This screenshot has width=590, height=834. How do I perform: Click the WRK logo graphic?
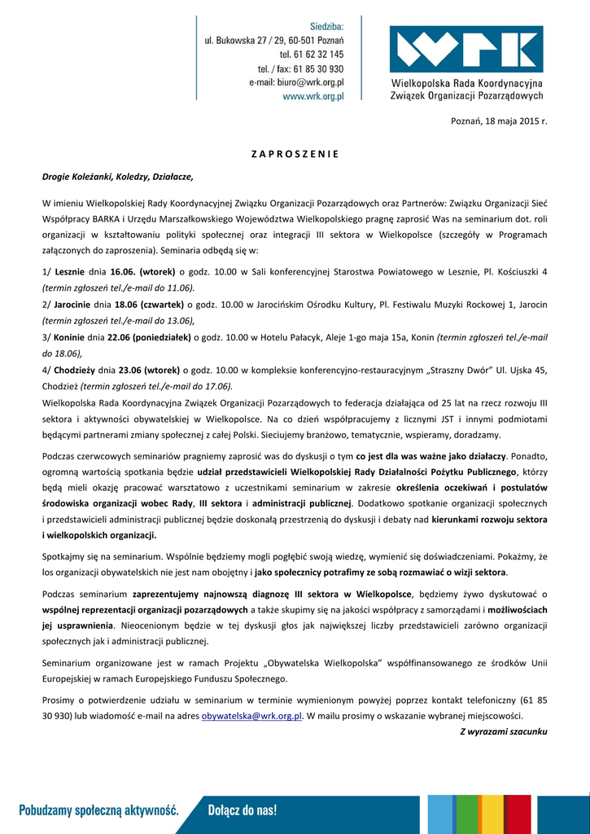click(466, 49)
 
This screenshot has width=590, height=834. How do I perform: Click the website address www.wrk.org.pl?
click(312, 96)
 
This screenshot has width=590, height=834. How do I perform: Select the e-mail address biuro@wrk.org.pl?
click(296, 82)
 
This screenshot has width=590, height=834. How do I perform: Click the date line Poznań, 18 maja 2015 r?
click(499, 121)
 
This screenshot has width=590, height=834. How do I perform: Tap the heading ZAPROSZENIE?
click(294, 154)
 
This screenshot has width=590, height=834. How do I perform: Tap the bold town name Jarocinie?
click(72, 305)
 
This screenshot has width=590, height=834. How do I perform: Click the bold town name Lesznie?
click(69, 270)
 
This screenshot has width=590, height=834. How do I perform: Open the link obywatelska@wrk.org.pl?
click(251, 716)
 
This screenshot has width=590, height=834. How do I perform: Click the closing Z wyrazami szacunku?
click(503, 731)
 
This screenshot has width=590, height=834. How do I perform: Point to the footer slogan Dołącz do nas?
click(243, 810)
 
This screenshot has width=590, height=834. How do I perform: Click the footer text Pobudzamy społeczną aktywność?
click(98, 810)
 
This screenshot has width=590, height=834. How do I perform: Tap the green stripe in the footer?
click(467, 814)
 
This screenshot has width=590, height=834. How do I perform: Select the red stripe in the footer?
click(518, 814)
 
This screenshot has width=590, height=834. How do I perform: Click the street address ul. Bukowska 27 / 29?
click(249, 41)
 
